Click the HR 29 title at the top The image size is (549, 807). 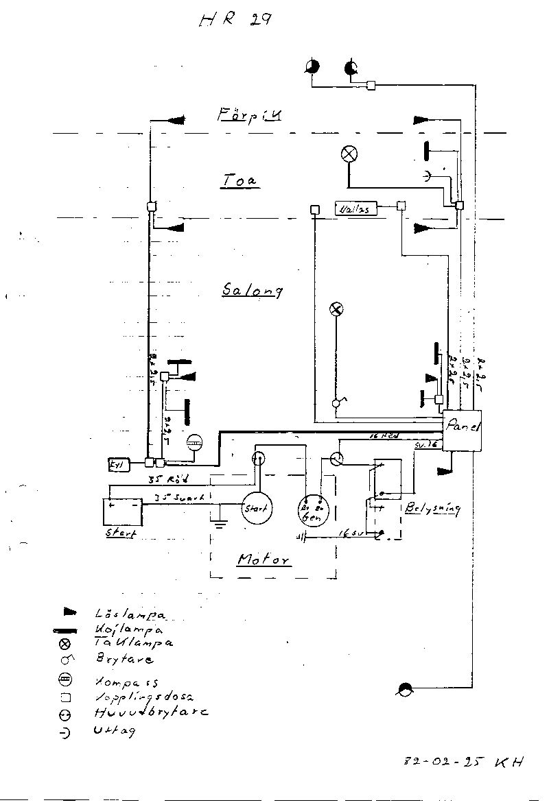(x=235, y=20)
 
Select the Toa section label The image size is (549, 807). (x=239, y=180)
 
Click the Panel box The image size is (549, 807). (x=463, y=430)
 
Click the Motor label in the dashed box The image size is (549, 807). (x=264, y=560)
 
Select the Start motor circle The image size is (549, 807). (x=257, y=508)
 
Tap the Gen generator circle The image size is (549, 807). (x=314, y=510)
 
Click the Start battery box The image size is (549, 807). (x=121, y=512)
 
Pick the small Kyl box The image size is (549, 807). (x=115, y=464)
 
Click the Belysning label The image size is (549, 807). (x=432, y=509)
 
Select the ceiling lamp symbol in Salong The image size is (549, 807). (x=336, y=309)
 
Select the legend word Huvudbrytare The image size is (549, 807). (x=151, y=712)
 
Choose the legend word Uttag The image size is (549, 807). (x=115, y=731)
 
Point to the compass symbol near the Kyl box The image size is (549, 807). (x=194, y=443)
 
